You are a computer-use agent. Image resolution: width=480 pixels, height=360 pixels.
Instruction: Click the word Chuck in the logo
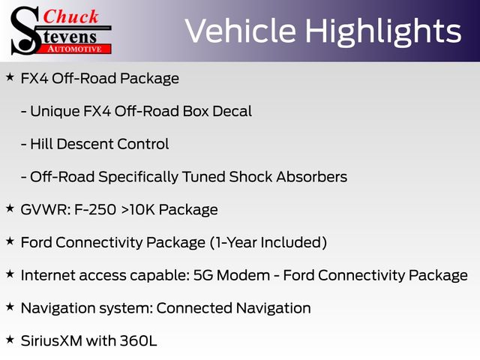(70, 16)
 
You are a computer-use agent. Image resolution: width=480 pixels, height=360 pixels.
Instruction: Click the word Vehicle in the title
(241, 31)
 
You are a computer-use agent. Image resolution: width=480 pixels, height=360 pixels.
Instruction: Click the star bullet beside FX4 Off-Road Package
(10, 76)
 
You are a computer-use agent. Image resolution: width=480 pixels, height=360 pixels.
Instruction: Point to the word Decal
(232, 111)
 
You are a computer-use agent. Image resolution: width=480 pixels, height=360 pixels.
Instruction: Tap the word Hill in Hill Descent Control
(41, 144)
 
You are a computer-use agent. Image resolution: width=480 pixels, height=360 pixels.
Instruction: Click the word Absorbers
(312, 177)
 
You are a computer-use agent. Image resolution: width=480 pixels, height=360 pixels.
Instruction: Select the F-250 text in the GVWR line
(95, 210)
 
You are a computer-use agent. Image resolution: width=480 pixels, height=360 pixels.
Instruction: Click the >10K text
(138, 210)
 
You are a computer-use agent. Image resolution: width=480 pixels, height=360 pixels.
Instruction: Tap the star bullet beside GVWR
(10, 208)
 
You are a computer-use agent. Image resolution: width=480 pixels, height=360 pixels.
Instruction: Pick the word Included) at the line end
(294, 242)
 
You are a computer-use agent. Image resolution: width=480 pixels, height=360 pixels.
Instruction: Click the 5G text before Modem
(203, 275)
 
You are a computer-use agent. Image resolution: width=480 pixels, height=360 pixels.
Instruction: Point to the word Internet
(48, 275)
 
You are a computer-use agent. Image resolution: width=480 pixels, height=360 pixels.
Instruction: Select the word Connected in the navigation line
(194, 308)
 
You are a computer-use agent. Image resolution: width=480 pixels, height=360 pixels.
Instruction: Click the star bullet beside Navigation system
(10, 307)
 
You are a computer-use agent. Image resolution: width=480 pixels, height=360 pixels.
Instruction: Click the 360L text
(138, 340)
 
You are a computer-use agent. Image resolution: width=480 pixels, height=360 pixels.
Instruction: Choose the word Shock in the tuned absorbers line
(250, 177)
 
